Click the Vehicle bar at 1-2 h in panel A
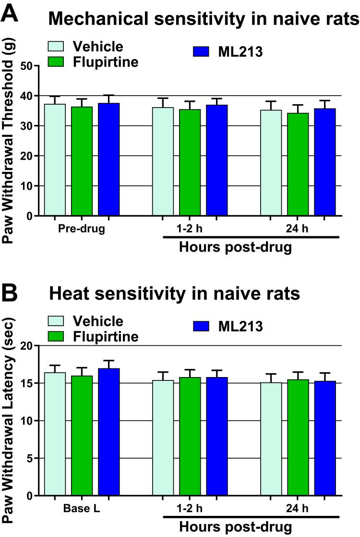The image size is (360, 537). coord(163,161)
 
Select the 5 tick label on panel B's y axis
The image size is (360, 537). coord(29,458)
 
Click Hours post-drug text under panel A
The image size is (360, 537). coord(235,248)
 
